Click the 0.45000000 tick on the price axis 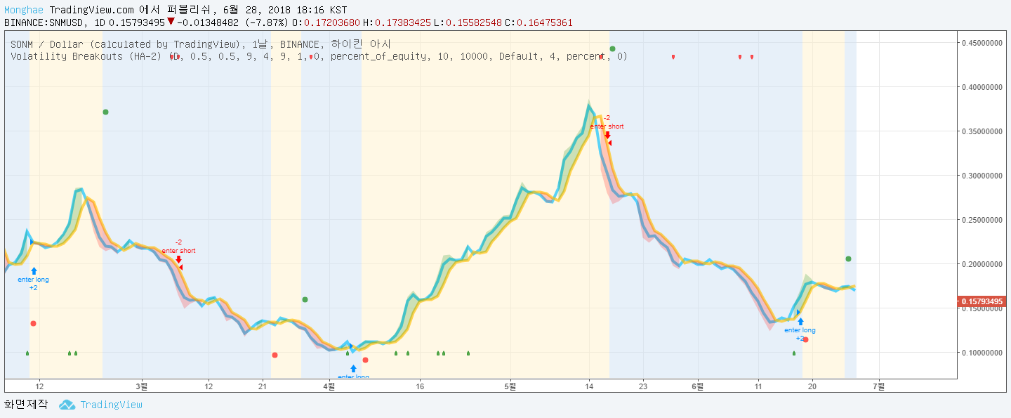click(x=982, y=43)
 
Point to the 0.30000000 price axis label click(x=982, y=176)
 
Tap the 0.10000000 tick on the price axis click(x=982, y=353)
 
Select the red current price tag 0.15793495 click(x=982, y=302)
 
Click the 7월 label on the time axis click(x=878, y=386)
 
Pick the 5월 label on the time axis click(x=510, y=386)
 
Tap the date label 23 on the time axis click(x=642, y=386)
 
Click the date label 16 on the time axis click(x=419, y=386)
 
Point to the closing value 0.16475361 click(x=544, y=22)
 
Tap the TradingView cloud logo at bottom click(x=67, y=405)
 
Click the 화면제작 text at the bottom click(x=26, y=405)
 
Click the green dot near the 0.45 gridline click(x=612, y=49)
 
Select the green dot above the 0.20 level click(x=848, y=259)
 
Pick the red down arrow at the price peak click(x=607, y=135)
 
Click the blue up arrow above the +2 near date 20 click(x=800, y=322)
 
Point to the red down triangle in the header click(x=171, y=22)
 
